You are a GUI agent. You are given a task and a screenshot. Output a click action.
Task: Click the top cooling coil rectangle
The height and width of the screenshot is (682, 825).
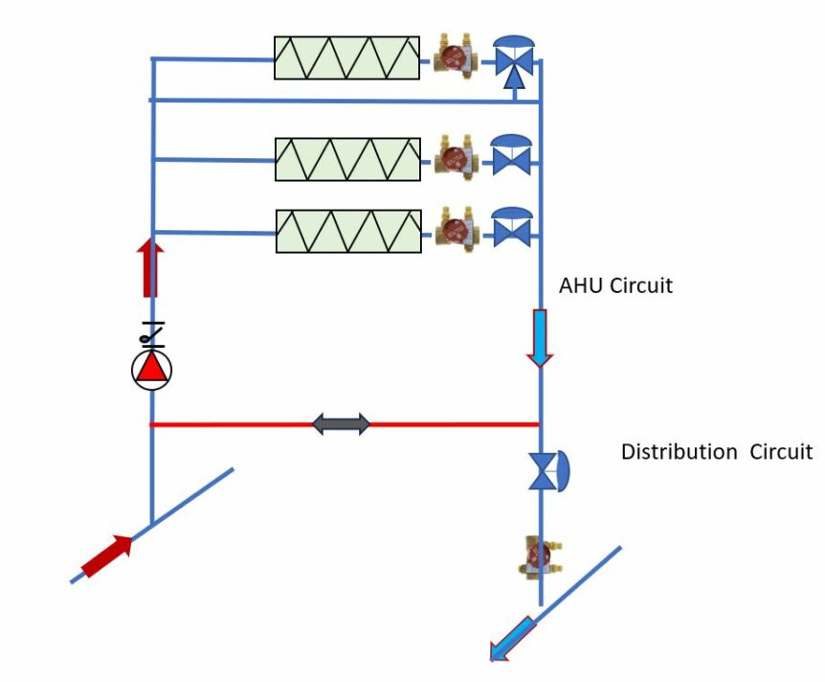346,57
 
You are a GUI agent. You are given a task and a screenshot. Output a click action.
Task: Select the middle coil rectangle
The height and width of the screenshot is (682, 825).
347,159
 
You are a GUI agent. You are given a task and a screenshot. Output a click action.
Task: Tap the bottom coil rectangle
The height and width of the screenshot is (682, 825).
347,231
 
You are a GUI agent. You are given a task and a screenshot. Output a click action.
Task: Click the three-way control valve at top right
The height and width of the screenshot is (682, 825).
514,61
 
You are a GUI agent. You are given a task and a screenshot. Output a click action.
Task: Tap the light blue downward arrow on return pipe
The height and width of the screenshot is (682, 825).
540,337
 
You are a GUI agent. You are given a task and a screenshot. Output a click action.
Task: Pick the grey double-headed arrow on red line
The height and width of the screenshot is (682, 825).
342,423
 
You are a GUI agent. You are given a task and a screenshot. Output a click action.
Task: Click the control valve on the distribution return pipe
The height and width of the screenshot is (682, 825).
547,471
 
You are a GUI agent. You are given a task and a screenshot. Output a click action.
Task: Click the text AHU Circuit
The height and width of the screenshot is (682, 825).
615,285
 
